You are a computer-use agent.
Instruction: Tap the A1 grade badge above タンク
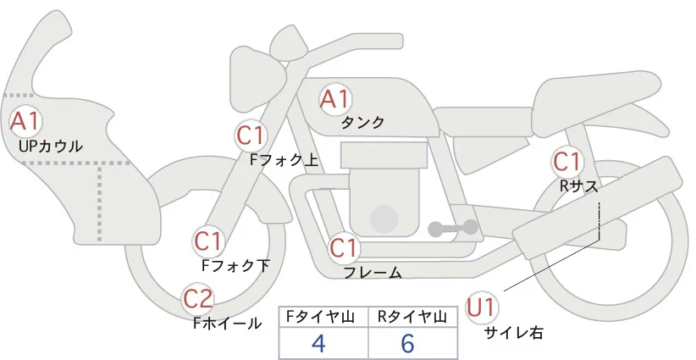[x=334, y=99]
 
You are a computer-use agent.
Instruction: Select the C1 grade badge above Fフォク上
[x=251, y=135]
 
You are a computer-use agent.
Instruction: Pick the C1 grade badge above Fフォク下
[x=207, y=242]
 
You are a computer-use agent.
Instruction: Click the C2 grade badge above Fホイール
[x=199, y=298]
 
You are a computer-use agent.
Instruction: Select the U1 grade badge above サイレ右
[x=483, y=307]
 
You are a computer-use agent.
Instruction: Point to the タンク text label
[x=363, y=122]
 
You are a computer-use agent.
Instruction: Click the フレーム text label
[x=373, y=273]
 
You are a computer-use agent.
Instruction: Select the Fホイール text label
[x=227, y=323]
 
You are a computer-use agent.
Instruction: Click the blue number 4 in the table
[x=318, y=343]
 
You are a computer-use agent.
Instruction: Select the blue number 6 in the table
[x=409, y=343]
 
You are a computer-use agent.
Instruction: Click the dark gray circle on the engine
[x=385, y=218]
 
